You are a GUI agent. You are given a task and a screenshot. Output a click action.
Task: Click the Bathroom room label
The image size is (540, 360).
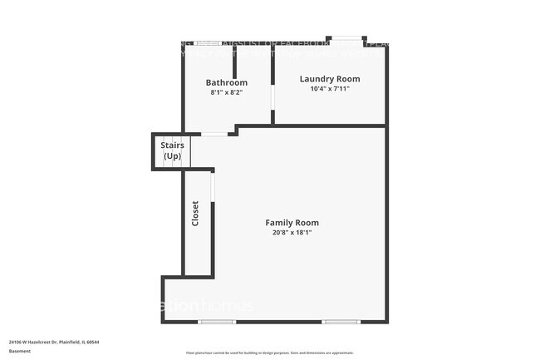coord(227,82)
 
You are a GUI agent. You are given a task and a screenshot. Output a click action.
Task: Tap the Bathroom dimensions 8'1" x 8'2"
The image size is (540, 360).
coord(227,92)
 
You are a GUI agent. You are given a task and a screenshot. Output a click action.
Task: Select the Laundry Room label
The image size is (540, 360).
coord(330,79)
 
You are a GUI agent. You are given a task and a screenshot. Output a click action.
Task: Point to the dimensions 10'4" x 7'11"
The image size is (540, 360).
coord(330,89)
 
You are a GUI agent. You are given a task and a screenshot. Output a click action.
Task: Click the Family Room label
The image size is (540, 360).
coord(292,223)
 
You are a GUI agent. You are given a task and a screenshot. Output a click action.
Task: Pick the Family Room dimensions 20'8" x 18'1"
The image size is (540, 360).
coord(292,233)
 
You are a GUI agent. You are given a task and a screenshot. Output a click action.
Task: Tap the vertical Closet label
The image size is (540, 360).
coord(196,214)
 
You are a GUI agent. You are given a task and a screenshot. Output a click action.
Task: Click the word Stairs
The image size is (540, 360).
coord(172,145)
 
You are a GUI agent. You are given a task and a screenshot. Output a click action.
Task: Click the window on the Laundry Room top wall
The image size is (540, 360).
coord(346,38)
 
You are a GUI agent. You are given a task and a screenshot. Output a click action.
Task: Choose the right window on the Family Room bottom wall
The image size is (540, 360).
coord(341,322)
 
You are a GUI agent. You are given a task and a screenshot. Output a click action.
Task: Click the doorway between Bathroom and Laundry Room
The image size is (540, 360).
coord(273,97)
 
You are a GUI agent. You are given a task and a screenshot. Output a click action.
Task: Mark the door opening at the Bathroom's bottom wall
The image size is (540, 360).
coord(214,134)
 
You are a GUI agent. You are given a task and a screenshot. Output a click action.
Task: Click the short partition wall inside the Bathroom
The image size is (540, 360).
coord(235,62)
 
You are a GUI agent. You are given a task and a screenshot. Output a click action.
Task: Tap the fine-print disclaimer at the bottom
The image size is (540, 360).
coord(269,353)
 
